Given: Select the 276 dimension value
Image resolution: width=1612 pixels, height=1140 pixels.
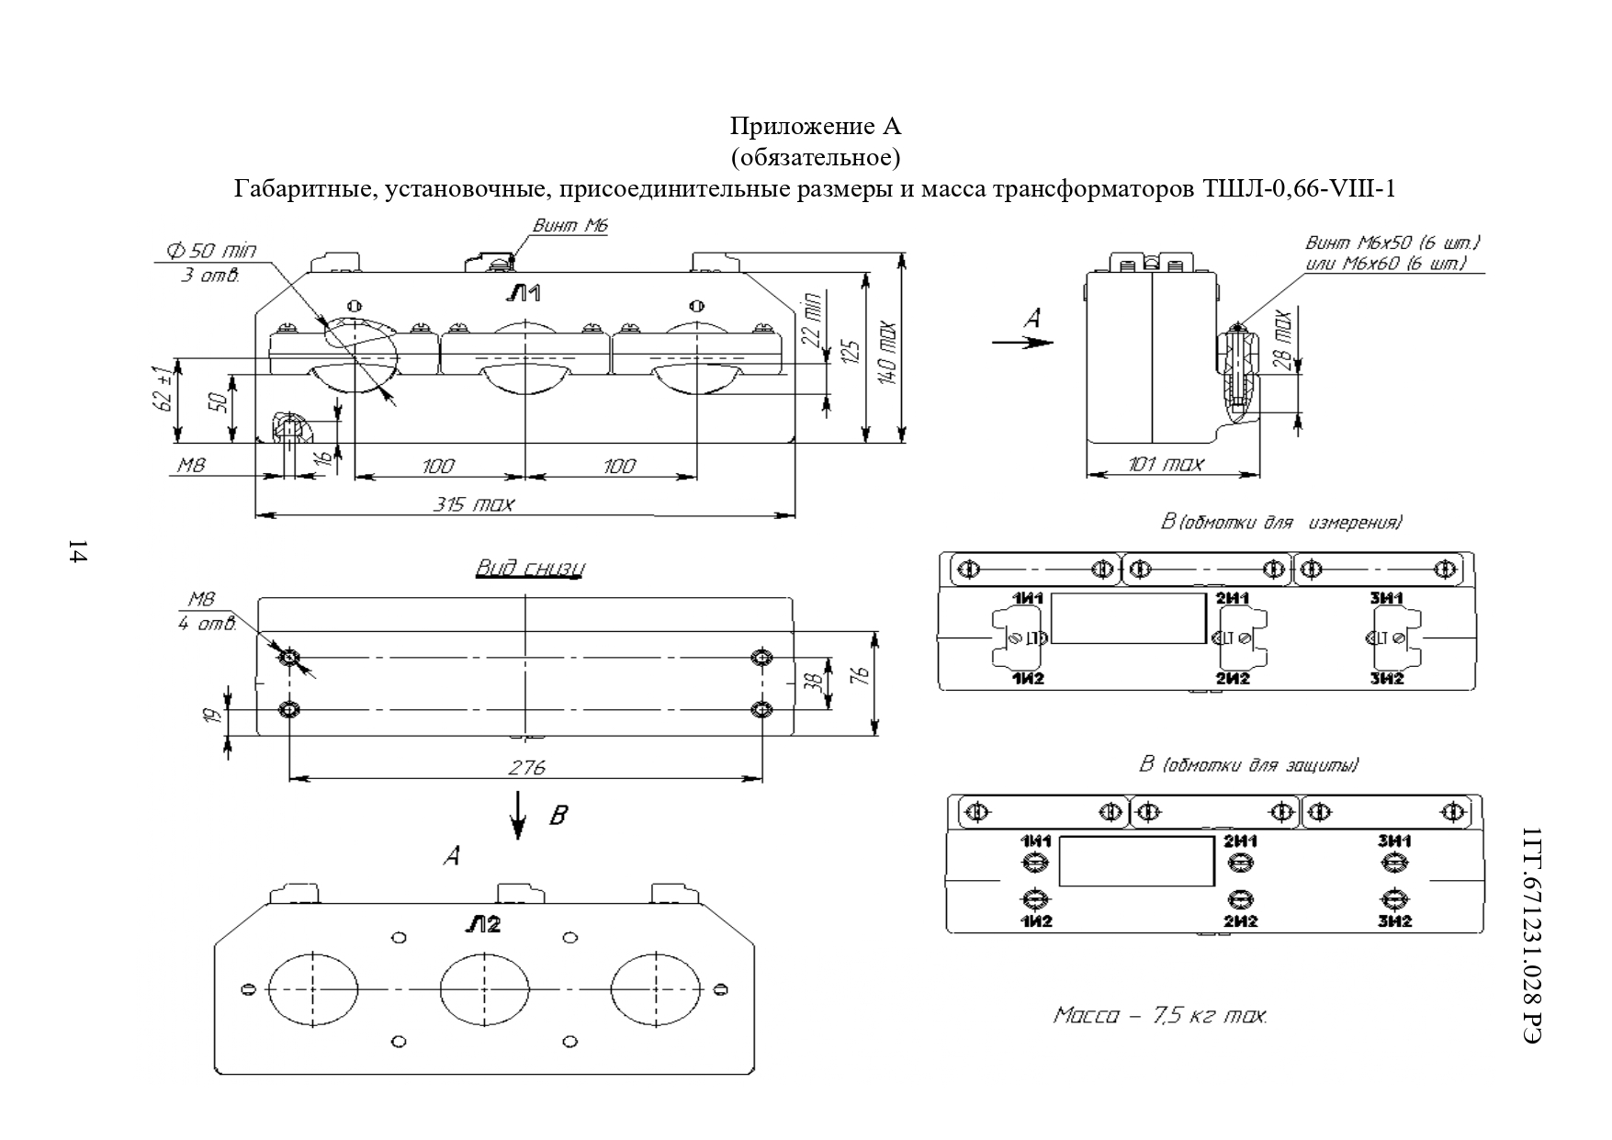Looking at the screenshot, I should coord(526,767).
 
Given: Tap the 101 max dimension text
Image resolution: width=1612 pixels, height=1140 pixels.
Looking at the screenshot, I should coord(1165,465).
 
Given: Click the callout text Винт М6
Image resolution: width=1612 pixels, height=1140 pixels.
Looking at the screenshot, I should coord(570,225).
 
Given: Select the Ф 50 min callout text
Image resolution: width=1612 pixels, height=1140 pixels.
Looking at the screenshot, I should coord(210,250).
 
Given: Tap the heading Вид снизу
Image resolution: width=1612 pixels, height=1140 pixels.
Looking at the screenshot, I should coord(529,569).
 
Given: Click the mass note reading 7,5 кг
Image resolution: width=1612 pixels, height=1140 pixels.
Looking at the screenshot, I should coord(1160,1016).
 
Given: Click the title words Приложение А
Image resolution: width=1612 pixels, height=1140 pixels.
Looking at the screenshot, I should coord(816,125).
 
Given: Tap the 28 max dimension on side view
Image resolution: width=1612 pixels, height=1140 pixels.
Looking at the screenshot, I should coord(1282,340).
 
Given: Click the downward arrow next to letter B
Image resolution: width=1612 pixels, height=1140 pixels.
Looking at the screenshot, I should coord(519,816).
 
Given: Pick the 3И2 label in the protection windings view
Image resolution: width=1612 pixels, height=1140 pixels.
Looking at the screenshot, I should coord(1393,920).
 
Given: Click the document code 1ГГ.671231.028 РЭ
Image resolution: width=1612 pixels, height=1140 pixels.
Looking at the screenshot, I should coord(1531,936).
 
